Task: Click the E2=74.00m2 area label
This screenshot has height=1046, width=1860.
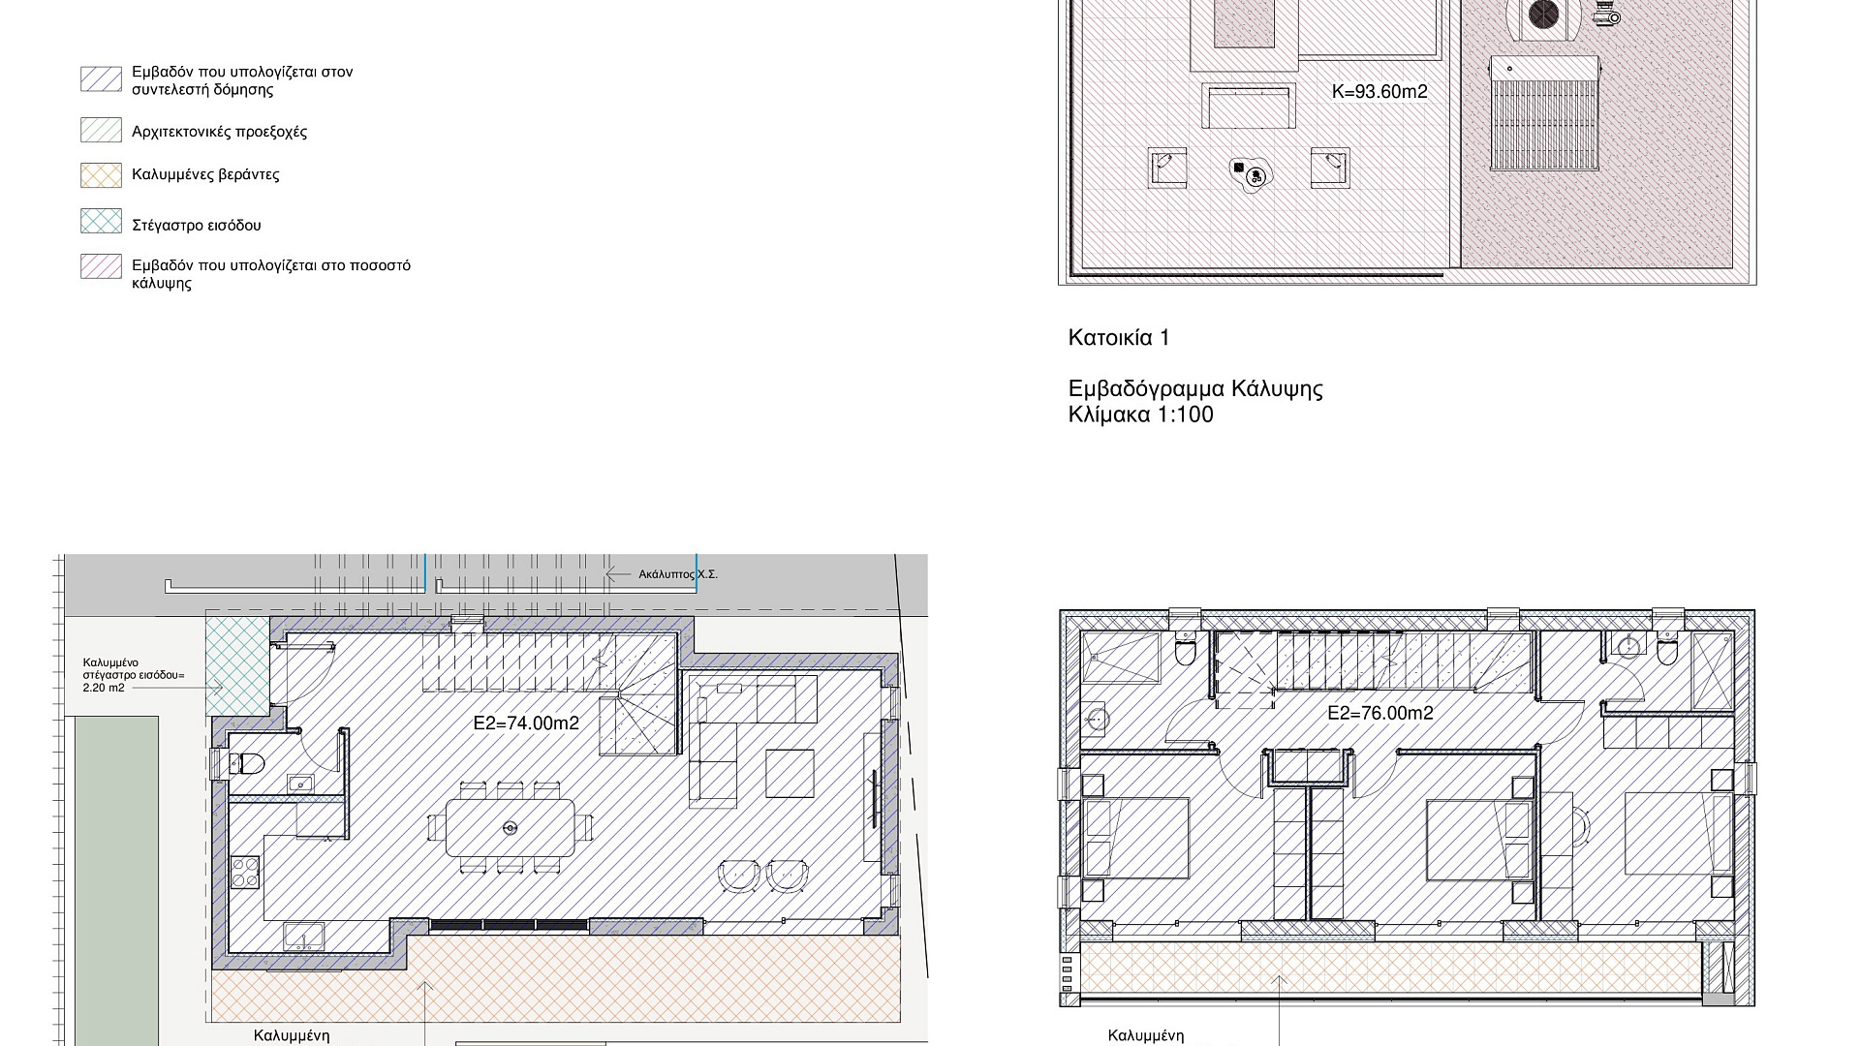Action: [526, 723]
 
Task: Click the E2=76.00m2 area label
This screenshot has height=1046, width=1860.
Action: [1380, 714]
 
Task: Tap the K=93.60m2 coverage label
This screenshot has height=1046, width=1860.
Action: [1379, 92]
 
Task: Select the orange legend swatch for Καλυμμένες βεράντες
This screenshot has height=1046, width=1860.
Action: [101, 174]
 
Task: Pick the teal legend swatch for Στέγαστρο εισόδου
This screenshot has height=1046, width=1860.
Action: [101, 221]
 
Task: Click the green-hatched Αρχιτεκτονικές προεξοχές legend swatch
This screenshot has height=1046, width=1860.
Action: [101, 130]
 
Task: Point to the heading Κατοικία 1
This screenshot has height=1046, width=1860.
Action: [1119, 338]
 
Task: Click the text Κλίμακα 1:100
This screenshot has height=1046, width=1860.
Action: [1140, 415]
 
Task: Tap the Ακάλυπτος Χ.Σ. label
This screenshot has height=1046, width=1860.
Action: [678, 574]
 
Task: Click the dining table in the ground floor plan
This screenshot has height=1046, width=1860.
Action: [510, 827]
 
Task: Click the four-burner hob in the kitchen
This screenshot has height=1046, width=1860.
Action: [245, 872]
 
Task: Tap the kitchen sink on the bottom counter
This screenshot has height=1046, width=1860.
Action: [304, 937]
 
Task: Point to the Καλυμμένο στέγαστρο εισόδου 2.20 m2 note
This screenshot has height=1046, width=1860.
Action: [133, 675]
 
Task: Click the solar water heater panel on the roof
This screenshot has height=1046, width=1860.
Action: [1543, 113]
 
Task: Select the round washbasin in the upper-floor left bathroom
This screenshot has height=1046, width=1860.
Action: [1098, 720]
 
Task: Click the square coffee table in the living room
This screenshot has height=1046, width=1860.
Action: [790, 773]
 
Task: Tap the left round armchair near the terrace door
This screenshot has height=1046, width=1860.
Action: [739, 876]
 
